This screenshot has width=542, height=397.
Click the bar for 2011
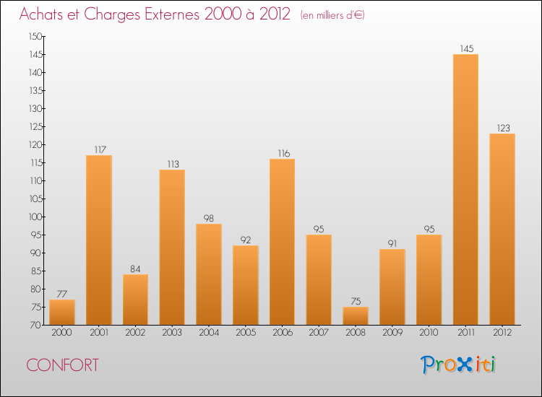(x=465, y=189)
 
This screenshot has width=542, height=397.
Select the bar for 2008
(x=356, y=315)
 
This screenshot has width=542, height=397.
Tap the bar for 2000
(x=62, y=312)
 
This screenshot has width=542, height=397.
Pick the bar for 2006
(x=282, y=242)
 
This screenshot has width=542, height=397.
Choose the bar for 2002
(x=135, y=300)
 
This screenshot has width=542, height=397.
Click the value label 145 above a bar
(x=465, y=49)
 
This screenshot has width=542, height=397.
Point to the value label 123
(x=502, y=128)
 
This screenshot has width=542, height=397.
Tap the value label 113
(x=172, y=165)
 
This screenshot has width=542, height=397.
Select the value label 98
(x=209, y=219)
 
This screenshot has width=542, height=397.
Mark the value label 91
(x=392, y=244)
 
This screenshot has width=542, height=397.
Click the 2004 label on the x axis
(x=209, y=332)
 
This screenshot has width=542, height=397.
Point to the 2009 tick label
(x=392, y=332)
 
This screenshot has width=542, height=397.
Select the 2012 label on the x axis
(x=502, y=332)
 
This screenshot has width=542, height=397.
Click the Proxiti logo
(x=458, y=365)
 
